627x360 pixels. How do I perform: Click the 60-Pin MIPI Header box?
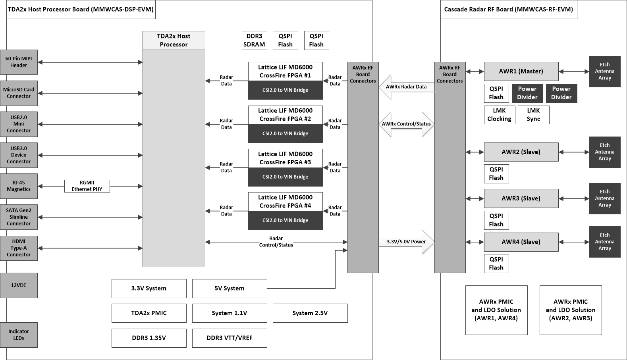[19, 62]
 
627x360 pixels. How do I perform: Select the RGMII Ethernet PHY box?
[87, 186]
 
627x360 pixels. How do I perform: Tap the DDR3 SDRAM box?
[254, 40]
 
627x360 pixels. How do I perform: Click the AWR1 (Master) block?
[521, 71]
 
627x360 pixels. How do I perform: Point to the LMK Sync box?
[533, 115]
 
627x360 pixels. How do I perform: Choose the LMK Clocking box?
[499, 115]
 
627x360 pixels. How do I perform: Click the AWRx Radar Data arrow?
[406, 87]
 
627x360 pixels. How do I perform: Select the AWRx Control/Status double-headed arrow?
[406, 124]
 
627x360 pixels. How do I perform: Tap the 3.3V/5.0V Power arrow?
[406, 242]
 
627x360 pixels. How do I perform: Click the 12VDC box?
[19, 285]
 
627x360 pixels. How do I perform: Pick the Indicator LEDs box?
[19, 335]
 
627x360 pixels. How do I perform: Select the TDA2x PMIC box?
[149, 313]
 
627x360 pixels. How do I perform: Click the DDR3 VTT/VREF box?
[230, 338]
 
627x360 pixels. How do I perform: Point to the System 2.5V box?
[310, 313]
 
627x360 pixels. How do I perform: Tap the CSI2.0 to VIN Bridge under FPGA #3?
[285, 177]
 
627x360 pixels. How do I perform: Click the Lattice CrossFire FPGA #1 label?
[285, 71]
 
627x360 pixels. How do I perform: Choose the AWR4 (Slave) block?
[521, 242]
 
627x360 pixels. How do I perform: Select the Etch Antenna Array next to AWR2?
[604, 152]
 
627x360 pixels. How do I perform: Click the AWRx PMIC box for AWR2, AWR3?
[570, 310]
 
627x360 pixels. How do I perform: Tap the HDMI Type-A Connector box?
[19, 248]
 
